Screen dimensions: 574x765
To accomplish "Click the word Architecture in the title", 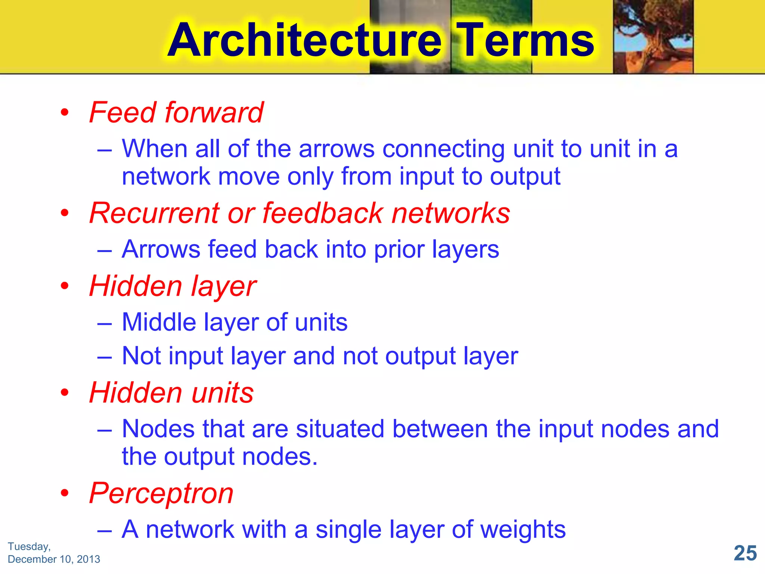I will tap(304, 40).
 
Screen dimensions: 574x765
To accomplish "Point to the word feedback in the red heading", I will tap(323, 213).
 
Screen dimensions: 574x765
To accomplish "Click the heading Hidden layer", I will tap(173, 286).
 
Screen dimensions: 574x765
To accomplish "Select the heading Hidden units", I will tap(171, 393).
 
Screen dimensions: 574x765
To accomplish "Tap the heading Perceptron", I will tap(161, 493).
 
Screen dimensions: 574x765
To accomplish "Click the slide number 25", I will tap(745, 553).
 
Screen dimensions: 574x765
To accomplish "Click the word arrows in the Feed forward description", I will tap(337, 149).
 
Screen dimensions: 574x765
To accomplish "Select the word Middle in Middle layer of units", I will tap(159, 322).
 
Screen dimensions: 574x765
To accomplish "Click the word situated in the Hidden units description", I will tap(340, 429).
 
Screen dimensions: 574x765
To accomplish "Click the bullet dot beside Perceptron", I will tap(65, 493).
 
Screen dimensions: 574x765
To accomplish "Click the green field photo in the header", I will tap(491, 37).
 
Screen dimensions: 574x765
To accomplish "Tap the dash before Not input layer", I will tap(104, 357).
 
